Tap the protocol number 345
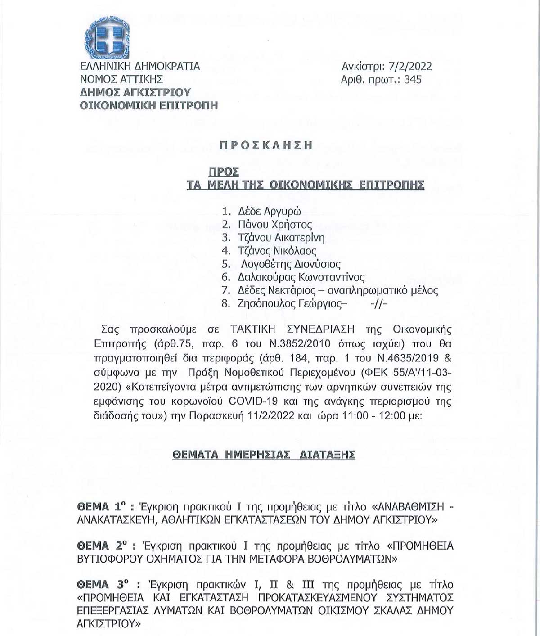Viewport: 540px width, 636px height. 413,80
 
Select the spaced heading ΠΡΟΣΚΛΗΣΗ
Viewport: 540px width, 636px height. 265,145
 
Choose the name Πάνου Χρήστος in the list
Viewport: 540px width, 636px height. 275,224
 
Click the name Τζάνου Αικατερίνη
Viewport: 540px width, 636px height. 281,237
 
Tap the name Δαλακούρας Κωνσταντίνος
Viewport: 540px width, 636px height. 301,277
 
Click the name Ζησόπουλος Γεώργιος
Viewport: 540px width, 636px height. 290,304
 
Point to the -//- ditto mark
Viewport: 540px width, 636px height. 378,304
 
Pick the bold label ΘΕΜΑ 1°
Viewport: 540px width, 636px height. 100,507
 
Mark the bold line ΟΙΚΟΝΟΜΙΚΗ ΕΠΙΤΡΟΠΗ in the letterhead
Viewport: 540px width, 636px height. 149,106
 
